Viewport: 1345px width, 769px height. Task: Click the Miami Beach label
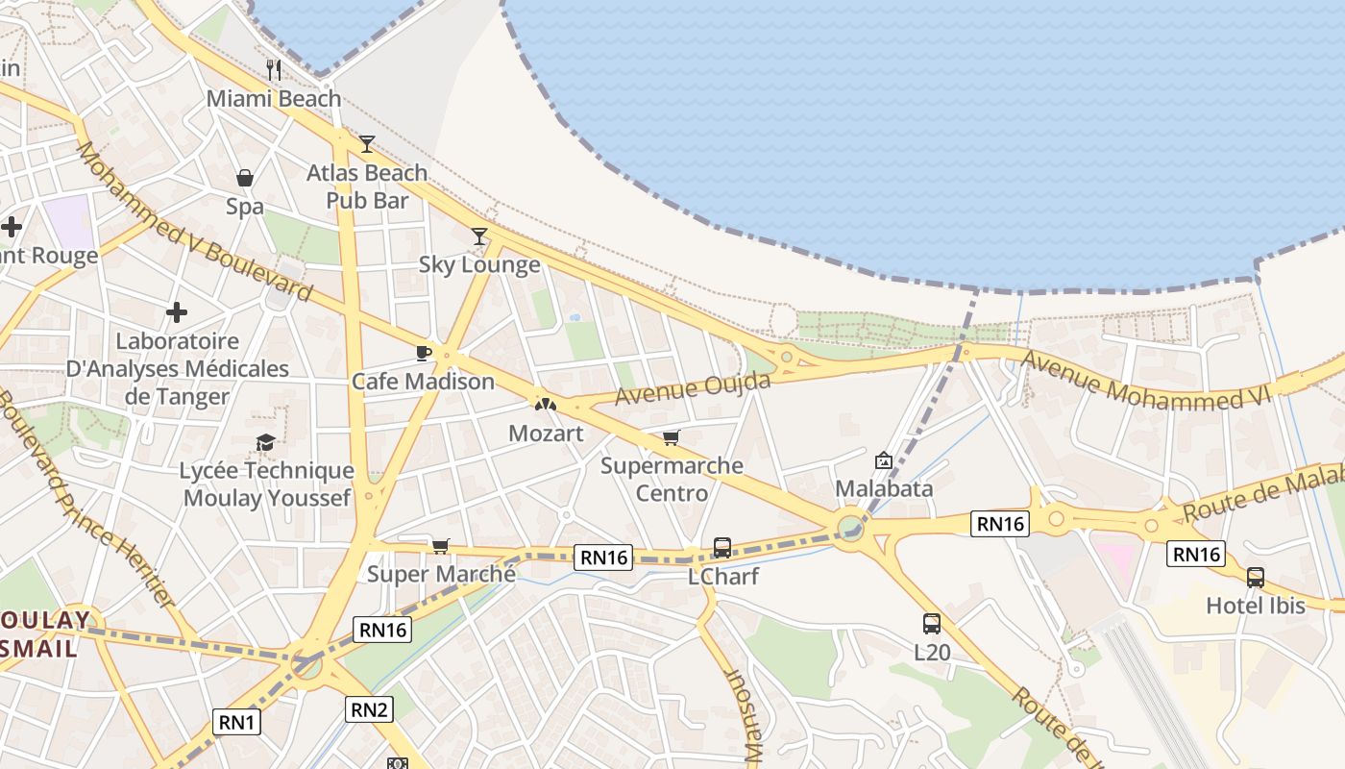point(274,99)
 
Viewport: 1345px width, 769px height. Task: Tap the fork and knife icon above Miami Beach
point(274,69)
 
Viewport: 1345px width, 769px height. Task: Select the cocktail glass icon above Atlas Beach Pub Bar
point(367,144)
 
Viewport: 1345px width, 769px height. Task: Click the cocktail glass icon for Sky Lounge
point(479,236)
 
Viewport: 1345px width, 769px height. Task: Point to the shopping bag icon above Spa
point(245,178)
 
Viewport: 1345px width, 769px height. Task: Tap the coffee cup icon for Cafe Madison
point(423,353)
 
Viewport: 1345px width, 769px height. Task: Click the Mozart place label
point(546,434)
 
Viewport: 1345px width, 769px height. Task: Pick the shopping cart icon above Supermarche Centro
point(672,438)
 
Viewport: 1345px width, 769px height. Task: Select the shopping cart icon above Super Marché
point(441,546)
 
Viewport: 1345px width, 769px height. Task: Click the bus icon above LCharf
point(722,548)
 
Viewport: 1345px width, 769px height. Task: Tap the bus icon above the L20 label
point(932,623)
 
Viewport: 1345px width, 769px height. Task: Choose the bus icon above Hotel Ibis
point(1256,578)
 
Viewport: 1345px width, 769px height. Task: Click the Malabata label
point(884,488)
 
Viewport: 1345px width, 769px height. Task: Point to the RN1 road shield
point(236,722)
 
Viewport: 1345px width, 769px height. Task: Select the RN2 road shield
point(369,709)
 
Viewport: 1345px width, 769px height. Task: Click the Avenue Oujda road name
point(693,389)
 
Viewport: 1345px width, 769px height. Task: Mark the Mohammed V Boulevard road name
point(193,221)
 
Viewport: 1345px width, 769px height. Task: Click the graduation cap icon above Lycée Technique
point(265,442)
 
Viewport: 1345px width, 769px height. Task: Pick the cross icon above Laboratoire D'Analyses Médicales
point(177,312)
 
